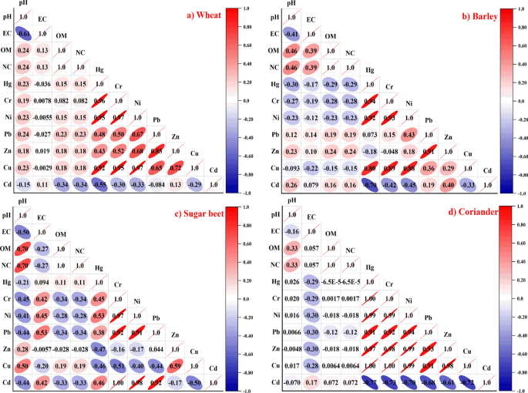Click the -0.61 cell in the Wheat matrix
point(24,34)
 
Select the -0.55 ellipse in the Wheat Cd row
point(99,185)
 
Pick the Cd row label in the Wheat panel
point(7,185)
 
